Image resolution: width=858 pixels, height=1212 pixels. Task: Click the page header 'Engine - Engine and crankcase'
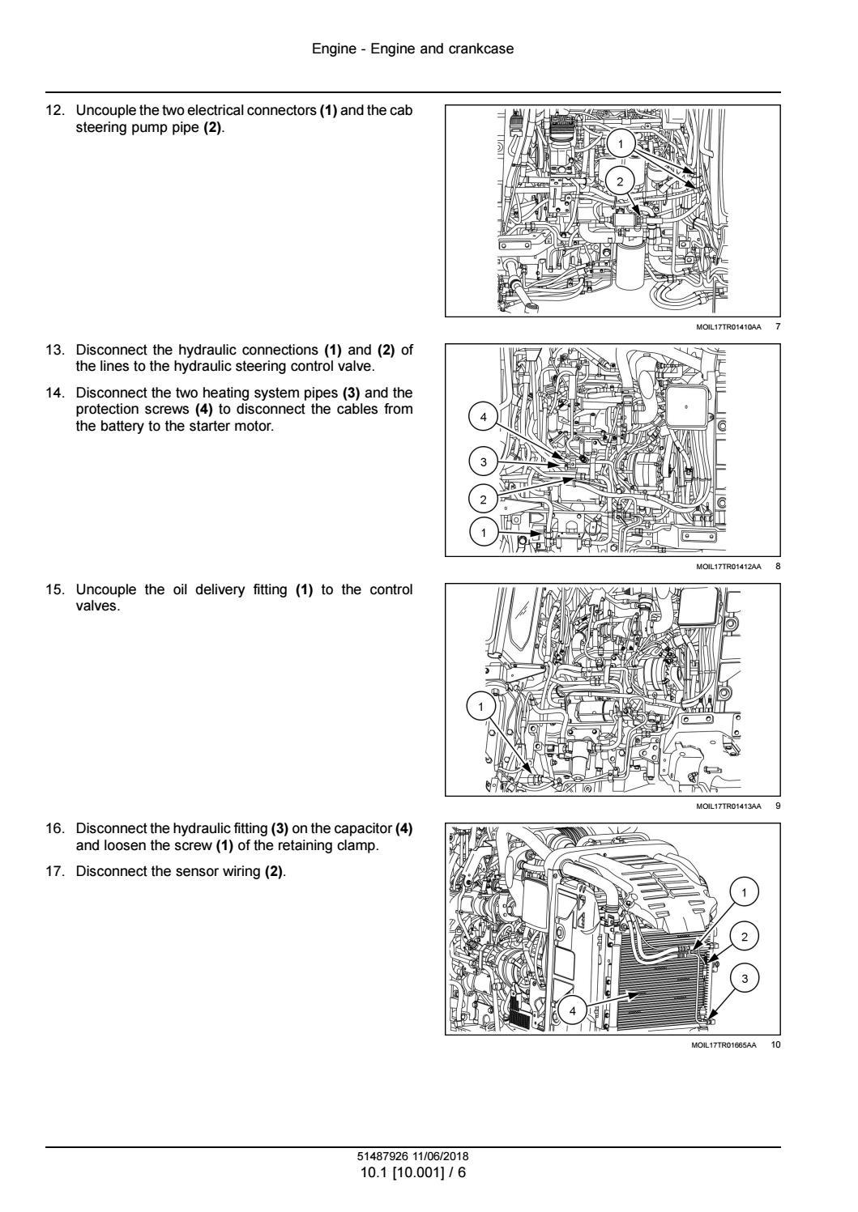pos(412,49)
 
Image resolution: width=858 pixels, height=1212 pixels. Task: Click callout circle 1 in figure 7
pos(621,144)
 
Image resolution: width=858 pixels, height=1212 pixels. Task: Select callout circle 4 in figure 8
pos(484,417)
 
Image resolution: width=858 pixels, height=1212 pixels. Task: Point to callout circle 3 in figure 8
pos(484,462)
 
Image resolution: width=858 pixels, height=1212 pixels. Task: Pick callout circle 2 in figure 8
pos(484,499)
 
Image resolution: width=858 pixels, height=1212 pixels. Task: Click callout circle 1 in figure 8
pos(484,533)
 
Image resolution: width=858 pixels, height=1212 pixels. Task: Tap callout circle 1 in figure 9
pos(481,707)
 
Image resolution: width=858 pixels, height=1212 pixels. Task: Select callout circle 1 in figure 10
pos(745,892)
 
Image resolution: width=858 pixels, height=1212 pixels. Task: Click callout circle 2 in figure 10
pos(745,937)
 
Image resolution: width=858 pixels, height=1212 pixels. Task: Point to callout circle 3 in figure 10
pos(745,979)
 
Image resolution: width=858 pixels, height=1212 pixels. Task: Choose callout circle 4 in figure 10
pos(573,1010)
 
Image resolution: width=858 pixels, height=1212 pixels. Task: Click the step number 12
pos(55,111)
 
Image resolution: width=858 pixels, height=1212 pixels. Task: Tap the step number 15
pos(55,589)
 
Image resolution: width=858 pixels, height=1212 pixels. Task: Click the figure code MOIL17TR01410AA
pos(728,326)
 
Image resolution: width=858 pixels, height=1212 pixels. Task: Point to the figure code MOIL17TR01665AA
pos(724,1045)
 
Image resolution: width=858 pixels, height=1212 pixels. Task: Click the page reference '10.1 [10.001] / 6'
pos(413,1172)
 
